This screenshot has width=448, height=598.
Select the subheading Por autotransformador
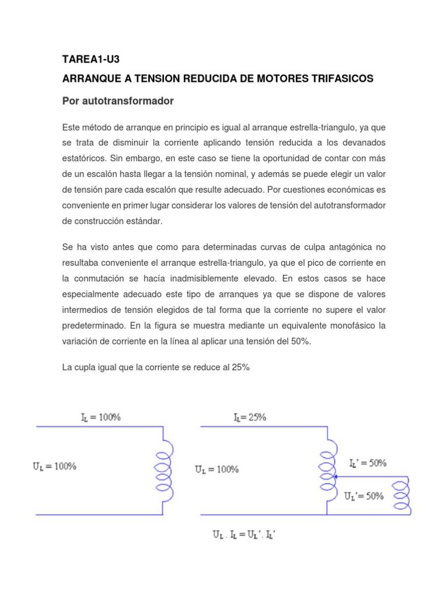(118, 101)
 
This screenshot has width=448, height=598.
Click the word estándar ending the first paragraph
(142, 222)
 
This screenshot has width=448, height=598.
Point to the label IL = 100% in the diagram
(100, 417)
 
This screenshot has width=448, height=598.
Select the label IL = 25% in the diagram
(250, 417)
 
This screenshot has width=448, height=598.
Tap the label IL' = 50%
(367, 463)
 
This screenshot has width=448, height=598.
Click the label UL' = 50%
(364, 496)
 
